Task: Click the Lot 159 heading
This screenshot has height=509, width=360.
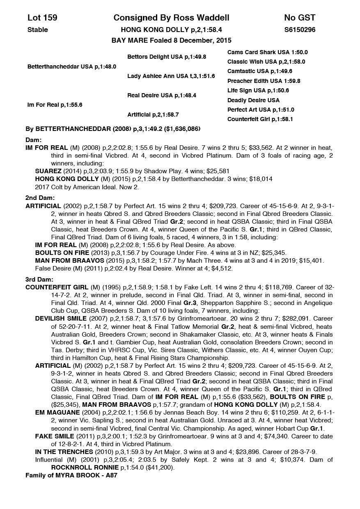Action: [x=42, y=18]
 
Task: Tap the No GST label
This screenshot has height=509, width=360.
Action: [x=299, y=18]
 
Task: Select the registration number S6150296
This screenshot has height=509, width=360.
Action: [x=300, y=30]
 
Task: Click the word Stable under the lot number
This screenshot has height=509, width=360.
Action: [x=38, y=30]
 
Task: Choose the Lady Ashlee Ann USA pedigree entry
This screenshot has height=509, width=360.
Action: [x=171, y=76]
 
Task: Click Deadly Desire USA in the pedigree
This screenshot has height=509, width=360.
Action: [x=253, y=100]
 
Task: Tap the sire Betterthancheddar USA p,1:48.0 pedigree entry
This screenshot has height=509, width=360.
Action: [x=71, y=66]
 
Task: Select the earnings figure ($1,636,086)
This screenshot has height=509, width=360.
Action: [x=182, y=129]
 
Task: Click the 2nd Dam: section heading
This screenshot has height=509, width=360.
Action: [x=40, y=198]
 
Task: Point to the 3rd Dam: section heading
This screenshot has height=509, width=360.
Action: [x=40, y=280]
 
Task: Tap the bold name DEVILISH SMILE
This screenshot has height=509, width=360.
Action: [x=61, y=319]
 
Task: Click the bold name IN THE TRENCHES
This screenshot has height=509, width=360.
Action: [x=60, y=452]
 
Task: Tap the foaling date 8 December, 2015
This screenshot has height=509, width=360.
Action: [x=197, y=40]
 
